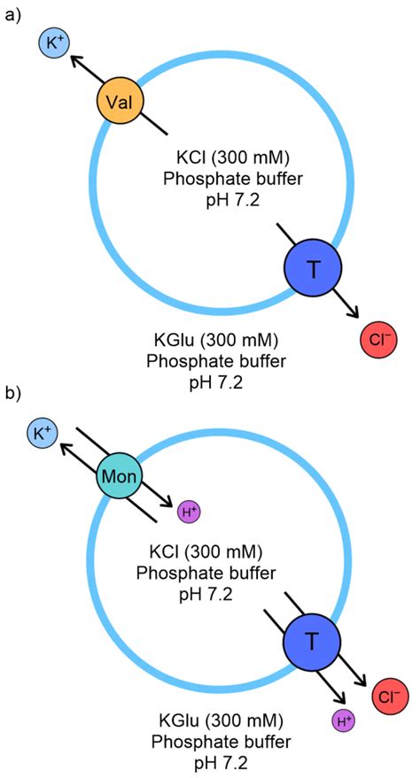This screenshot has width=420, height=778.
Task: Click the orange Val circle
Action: [119, 104]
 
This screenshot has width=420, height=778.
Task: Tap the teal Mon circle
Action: [119, 476]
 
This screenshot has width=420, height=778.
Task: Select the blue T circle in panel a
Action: [307, 267]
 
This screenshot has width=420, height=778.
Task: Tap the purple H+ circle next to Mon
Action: [188, 512]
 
